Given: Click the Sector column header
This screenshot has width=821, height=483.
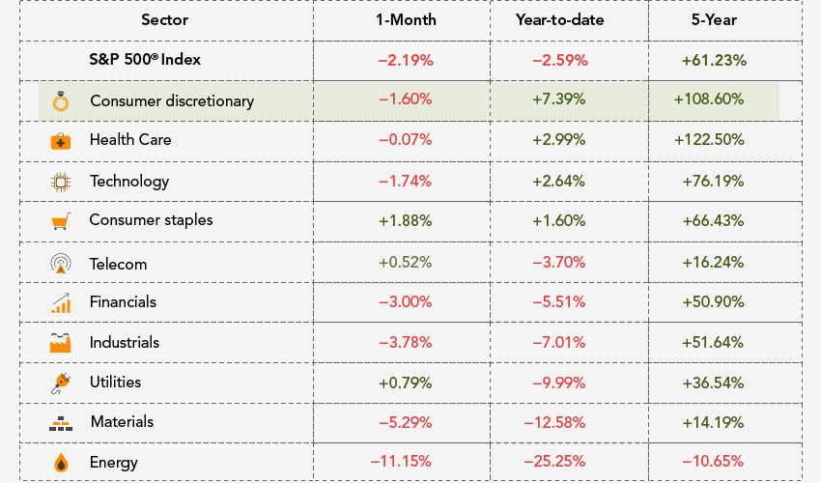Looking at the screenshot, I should point(164,19).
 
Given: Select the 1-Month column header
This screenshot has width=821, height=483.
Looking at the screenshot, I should point(406,19).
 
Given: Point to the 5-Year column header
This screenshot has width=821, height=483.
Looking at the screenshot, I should point(714,19).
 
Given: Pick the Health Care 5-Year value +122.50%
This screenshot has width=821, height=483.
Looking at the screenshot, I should point(714,139).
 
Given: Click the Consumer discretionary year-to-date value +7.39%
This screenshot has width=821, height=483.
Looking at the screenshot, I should point(559,99).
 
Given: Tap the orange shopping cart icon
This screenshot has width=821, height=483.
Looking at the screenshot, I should point(60,221).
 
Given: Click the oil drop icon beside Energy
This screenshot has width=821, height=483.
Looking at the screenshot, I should point(60,462).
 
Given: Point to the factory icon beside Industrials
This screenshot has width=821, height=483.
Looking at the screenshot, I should point(60,342).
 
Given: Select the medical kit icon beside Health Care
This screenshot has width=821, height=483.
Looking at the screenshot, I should point(60,141).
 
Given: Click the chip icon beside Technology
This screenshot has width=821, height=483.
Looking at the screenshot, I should point(60,181).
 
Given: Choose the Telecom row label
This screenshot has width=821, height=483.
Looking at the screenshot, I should point(118,264).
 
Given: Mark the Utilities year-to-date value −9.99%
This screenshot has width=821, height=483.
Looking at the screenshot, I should point(559,382).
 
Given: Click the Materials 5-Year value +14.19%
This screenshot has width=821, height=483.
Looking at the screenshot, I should point(714,421).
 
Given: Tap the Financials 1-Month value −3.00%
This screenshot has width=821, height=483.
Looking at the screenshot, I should point(406,301).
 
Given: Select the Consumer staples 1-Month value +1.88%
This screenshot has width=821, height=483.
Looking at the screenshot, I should point(406,219).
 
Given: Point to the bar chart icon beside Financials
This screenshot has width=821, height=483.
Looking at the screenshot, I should point(60,302).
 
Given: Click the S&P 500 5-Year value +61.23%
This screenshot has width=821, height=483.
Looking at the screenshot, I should point(714,59).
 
